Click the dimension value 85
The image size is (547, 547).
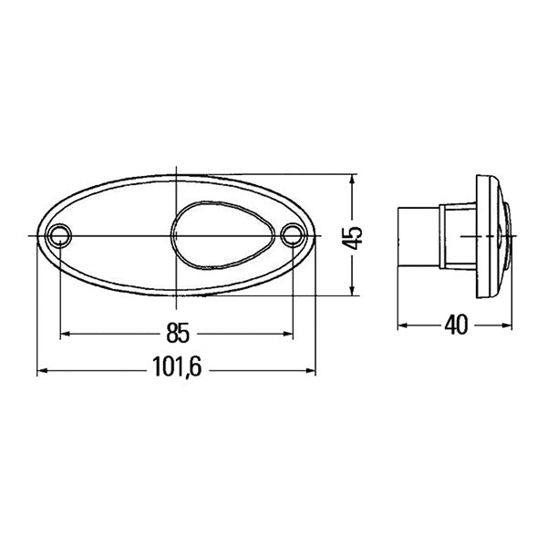point(176,333)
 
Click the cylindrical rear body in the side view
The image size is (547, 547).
point(418,236)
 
